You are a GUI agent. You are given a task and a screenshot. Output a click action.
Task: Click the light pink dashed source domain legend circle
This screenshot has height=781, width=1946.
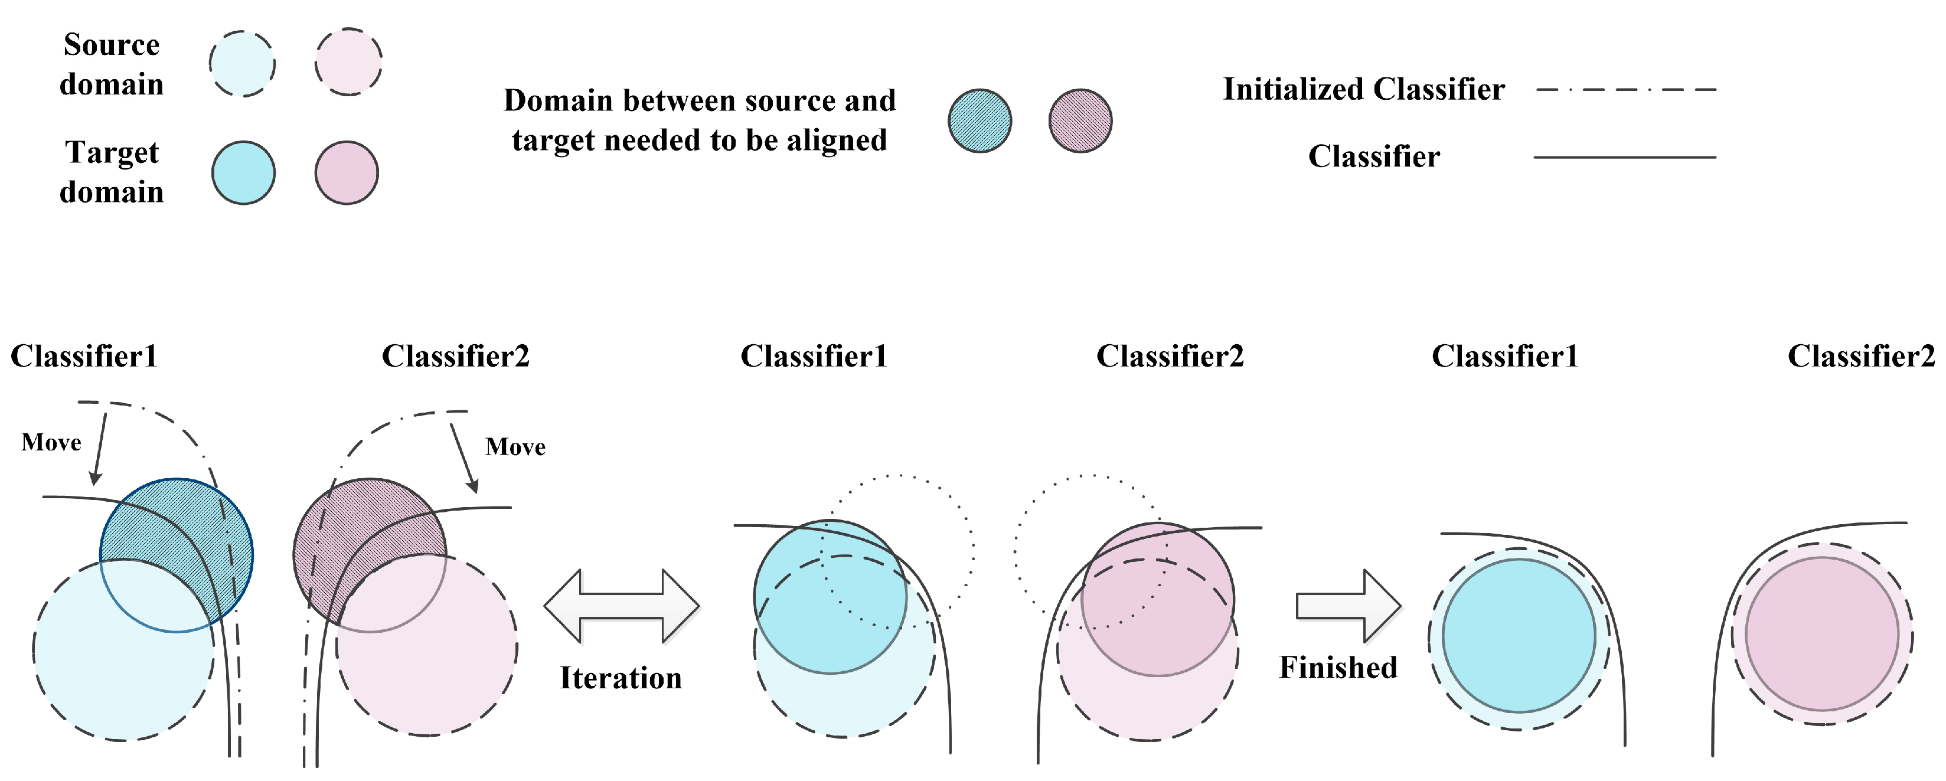point(348,62)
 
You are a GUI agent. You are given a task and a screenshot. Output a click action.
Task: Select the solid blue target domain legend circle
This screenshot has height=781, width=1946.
point(243,172)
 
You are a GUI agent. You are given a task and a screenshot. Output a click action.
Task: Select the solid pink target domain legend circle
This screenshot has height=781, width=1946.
point(346,172)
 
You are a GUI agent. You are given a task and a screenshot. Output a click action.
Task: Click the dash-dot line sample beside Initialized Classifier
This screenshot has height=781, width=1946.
point(1625,89)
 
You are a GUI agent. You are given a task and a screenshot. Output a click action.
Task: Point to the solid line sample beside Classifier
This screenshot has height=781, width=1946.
point(1624,157)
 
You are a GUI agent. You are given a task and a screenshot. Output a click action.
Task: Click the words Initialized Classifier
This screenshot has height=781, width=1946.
point(1364,89)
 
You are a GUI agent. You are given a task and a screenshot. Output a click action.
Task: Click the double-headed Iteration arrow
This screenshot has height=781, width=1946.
point(622,606)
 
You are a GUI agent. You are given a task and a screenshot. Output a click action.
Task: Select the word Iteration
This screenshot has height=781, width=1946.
point(620,678)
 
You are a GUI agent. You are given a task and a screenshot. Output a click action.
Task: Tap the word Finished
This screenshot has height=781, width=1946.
point(1338,667)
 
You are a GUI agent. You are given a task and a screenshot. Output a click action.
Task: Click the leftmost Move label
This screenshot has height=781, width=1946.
point(51,442)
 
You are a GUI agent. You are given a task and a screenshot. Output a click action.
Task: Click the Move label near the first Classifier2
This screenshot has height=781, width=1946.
point(515,446)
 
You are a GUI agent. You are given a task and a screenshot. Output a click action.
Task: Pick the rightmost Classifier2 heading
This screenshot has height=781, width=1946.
point(1860,356)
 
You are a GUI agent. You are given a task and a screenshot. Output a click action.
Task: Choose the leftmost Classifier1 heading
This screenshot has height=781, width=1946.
point(84,356)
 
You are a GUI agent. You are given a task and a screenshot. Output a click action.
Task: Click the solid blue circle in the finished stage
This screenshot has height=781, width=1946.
point(1519,635)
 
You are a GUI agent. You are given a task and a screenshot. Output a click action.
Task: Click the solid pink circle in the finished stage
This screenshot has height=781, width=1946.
point(1821,633)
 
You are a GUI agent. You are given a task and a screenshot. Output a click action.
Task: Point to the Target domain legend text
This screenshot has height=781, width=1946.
point(112,172)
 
